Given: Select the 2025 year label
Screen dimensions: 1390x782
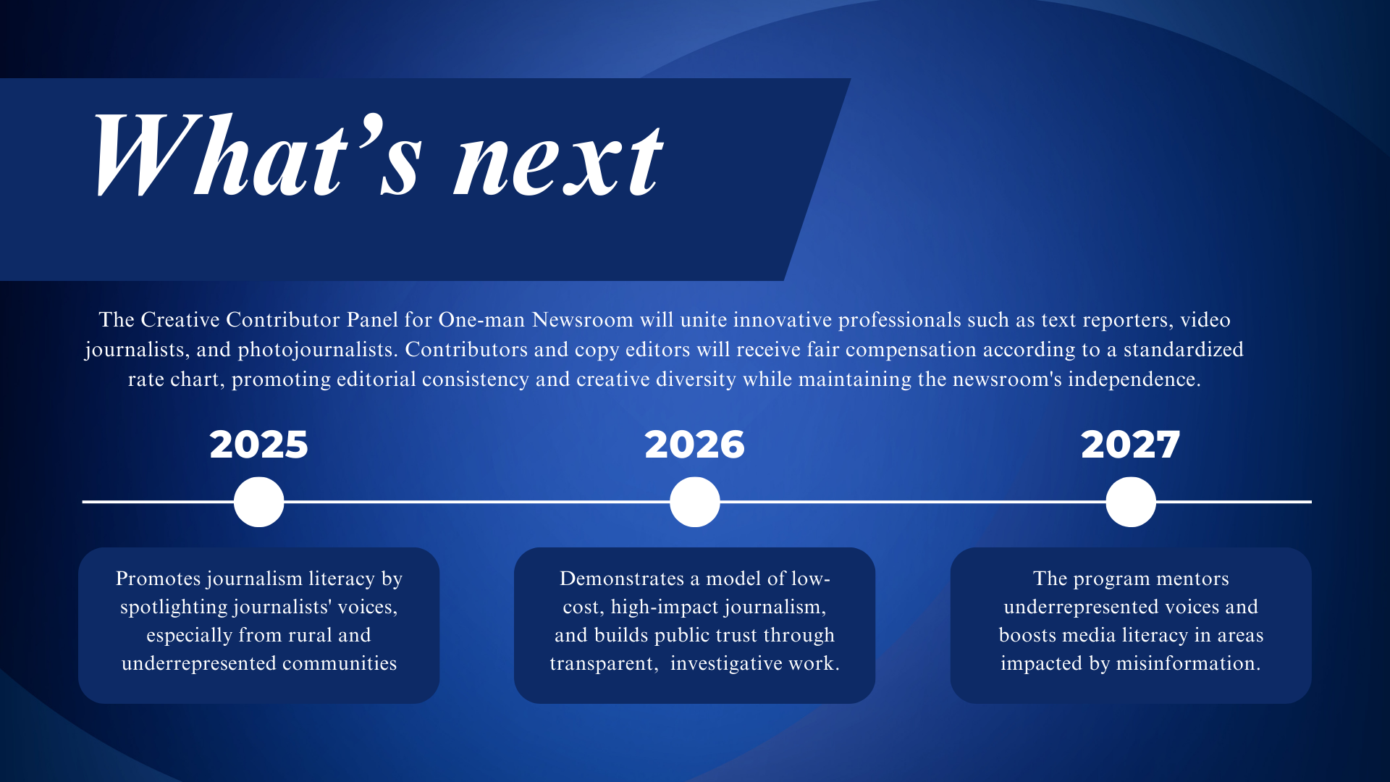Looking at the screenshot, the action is [x=258, y=445].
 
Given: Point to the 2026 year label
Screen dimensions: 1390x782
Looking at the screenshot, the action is [x=694, y=445].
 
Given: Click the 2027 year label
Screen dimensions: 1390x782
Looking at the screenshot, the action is [x=1130, y=445].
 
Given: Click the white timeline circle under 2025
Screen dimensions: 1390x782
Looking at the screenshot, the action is [x=258, y=502].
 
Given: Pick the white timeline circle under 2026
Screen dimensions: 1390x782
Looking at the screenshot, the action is [x=694, y=502].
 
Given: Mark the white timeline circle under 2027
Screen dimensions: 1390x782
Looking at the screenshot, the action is [x=1130, y=502].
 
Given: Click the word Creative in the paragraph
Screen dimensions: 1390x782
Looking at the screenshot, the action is [x=180, y=320].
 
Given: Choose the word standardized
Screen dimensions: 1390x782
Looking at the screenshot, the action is [x=1183, y=350].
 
